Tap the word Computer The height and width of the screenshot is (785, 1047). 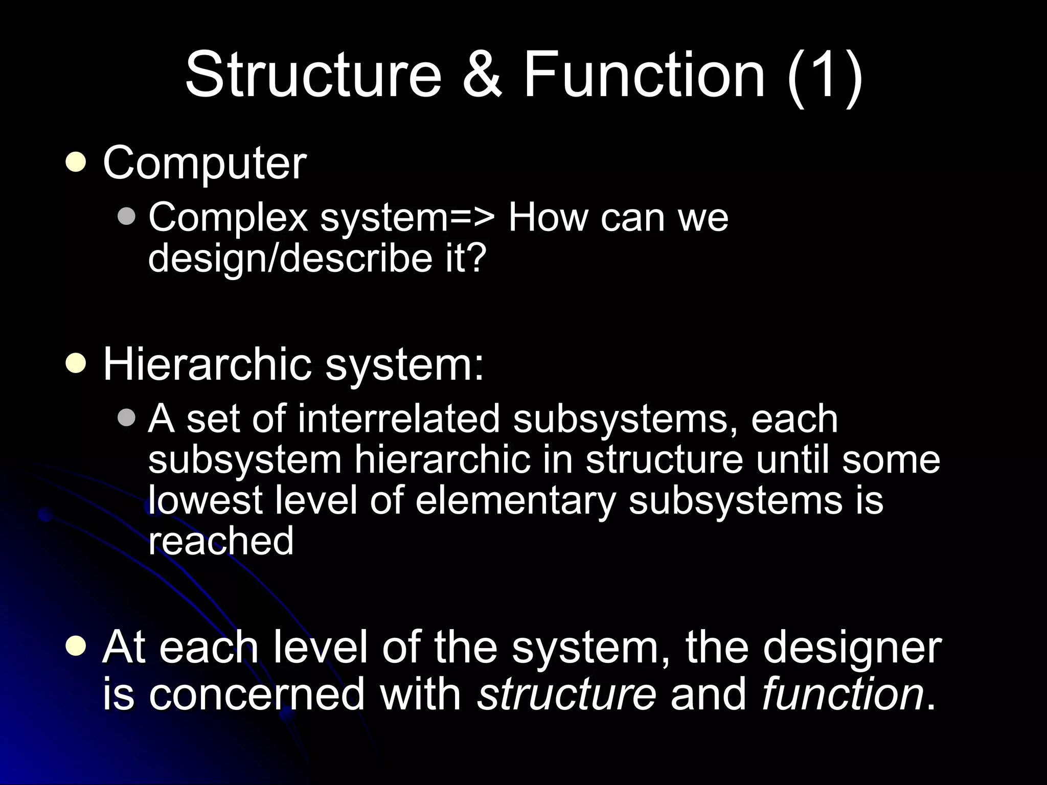coord(204,164)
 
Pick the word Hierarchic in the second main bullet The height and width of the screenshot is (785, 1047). coord(207,364)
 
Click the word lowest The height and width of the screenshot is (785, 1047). coord(205,500)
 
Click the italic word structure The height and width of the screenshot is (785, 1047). coord(566,694)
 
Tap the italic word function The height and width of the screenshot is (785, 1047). coord(843,694)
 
